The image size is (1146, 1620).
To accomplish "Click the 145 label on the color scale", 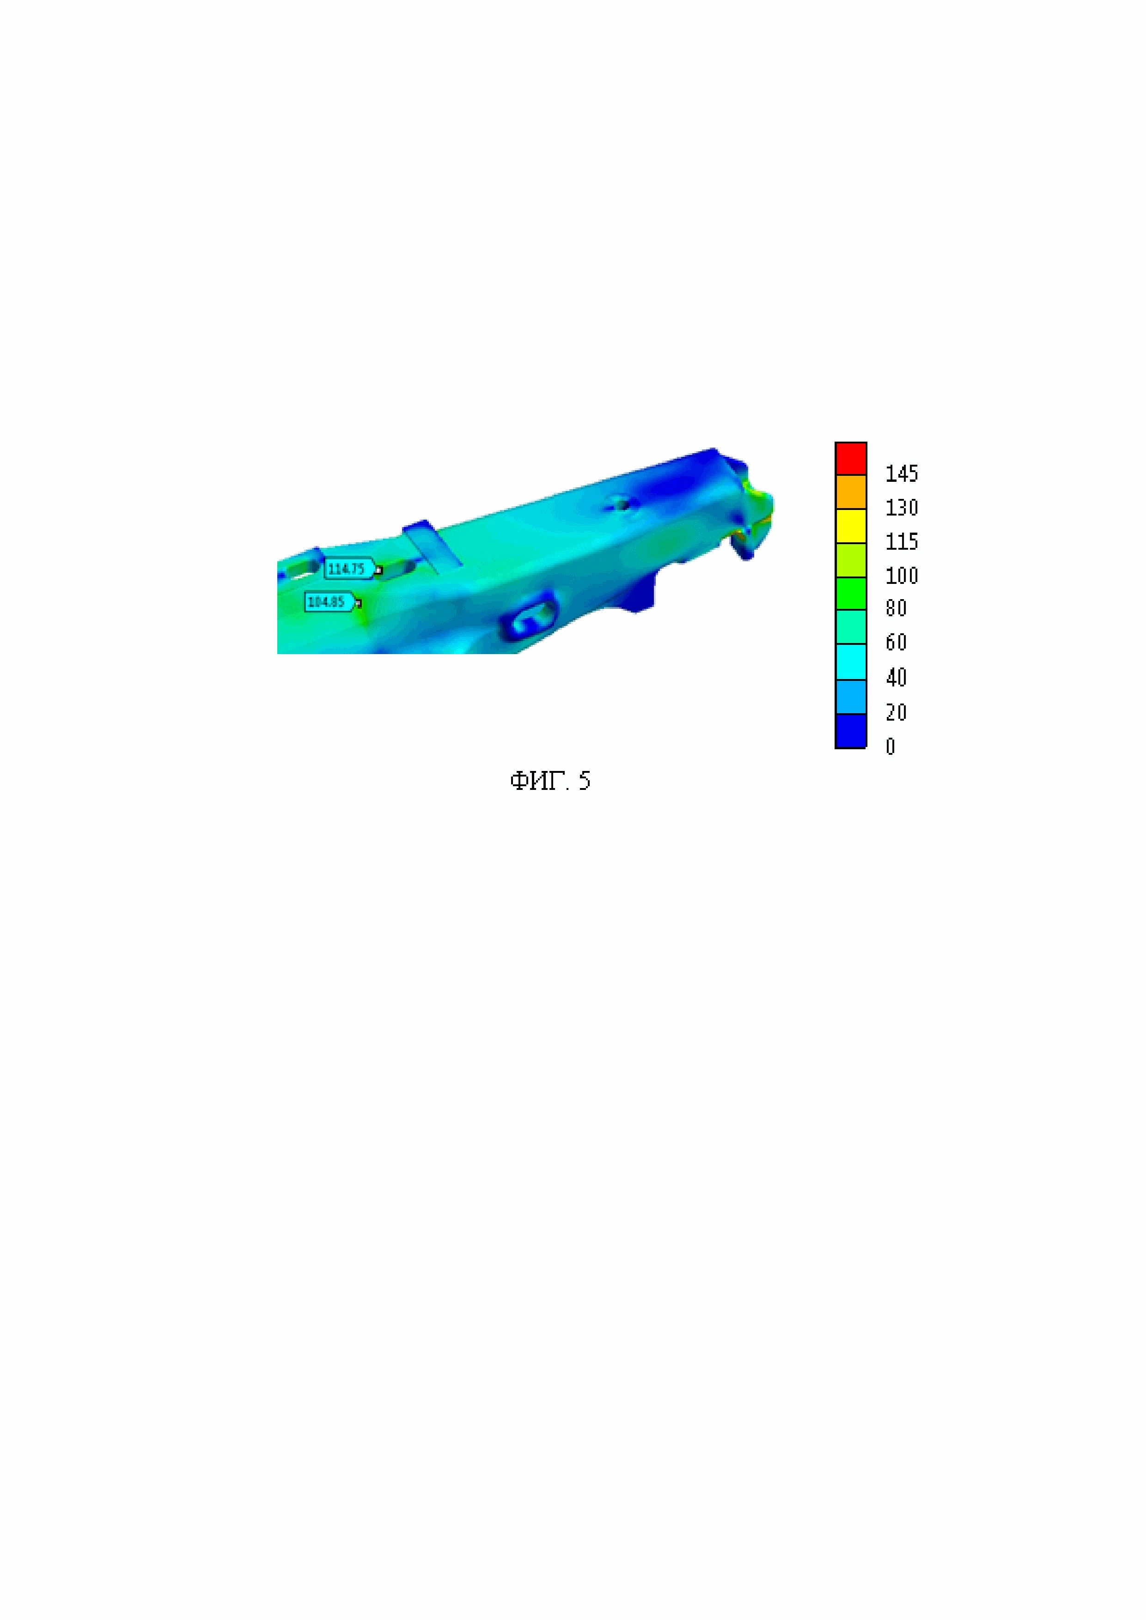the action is pos(902,473).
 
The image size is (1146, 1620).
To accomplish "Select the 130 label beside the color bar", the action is pos(902,507).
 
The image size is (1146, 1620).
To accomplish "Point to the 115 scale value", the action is pos(902,541).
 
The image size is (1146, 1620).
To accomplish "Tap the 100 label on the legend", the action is pos(902,576).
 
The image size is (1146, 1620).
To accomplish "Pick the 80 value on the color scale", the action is pos(896,608).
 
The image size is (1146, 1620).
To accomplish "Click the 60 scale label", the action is pos(896,642).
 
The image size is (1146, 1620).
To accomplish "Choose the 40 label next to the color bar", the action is pos(896,677).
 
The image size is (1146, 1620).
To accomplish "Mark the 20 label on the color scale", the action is pos(896,712).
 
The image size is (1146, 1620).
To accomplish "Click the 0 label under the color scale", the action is pos(890,746).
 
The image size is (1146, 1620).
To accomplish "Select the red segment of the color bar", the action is pos(851,459).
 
